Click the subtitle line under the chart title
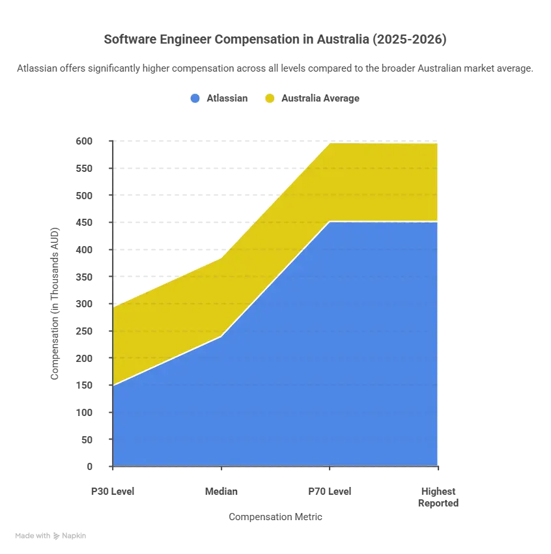coord(275,66)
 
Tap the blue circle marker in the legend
coord(194,98)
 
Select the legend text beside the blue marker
coord(227,99)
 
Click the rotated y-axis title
coord(55,302)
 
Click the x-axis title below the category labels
coord(275,516)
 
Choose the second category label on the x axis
coord(222,490)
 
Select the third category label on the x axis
coord(331,490)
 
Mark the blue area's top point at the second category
coord(222,336)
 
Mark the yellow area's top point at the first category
coord(113,304)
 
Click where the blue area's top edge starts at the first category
coord(113,385)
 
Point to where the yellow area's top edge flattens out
coord(331,141)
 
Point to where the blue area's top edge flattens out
coord(331,222)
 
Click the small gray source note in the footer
coord(52,537)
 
